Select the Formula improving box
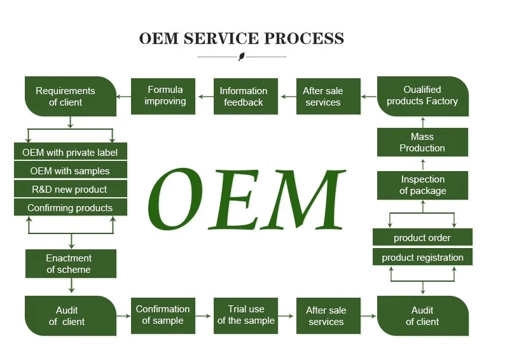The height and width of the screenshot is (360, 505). click(x=163, y=96)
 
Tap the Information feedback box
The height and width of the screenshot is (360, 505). click(x=246, y=96)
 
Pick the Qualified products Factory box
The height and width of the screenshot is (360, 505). click(x=422, y=96)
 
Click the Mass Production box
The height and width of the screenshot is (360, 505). click(x=422, y=142)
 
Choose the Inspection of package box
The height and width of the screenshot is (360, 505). click(x=422, y=185)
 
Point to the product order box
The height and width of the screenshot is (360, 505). click(x=422, y=237)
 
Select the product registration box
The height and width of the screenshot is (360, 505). click(x=422, y=257)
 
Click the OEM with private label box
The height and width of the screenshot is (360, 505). click(x=70, y=152)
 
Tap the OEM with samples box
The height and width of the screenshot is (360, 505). click(x=70, y=170)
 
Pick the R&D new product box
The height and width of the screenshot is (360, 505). click(x=70, y=189)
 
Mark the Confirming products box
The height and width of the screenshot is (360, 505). click(x=70, y=207)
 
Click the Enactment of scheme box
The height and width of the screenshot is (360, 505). click(x=70, y=263)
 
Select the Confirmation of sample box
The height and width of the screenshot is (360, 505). click(x=163, y=315)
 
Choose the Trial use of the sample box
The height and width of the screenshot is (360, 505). click(x=246, y=315)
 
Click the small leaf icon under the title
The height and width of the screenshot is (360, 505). click(x=242, y=57)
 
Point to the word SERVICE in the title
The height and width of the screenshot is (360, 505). click(x=221, y=38)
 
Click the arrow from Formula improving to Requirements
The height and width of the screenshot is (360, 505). click(x=124, y=97)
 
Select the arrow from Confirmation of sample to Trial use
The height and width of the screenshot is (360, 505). click(x=204, y=315)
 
